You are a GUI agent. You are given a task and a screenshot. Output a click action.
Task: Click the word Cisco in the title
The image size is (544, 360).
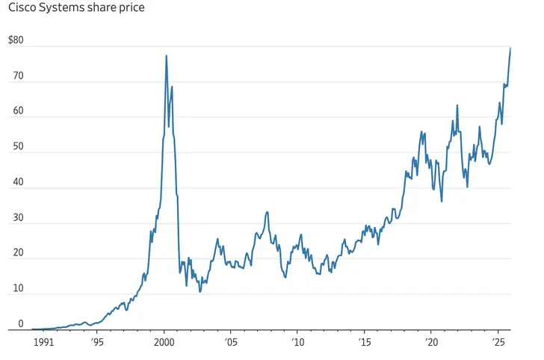point(22,9)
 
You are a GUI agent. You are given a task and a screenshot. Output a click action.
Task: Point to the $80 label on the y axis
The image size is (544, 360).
point(16,40)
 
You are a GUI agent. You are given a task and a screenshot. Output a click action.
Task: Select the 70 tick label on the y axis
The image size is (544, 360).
point(19,76)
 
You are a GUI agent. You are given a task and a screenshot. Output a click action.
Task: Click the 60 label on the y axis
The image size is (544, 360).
point(19,111)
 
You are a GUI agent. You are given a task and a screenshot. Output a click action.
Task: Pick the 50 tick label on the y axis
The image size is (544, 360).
point(19,147)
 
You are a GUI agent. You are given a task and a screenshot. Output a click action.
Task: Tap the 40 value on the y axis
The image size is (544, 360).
point(19,182)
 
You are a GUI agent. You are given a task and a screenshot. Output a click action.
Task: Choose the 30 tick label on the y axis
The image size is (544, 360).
point(19,218)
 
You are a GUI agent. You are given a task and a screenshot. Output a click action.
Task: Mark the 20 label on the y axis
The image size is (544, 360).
point(19,253)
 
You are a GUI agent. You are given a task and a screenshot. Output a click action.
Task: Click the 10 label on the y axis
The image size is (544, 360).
point(19,289)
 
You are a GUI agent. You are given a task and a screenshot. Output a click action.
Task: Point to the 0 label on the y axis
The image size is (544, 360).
point(21,324)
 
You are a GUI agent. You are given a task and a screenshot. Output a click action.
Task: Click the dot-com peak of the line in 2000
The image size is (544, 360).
point(166,56)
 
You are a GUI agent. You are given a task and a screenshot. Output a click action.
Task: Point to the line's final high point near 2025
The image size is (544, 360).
point(510,49)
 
